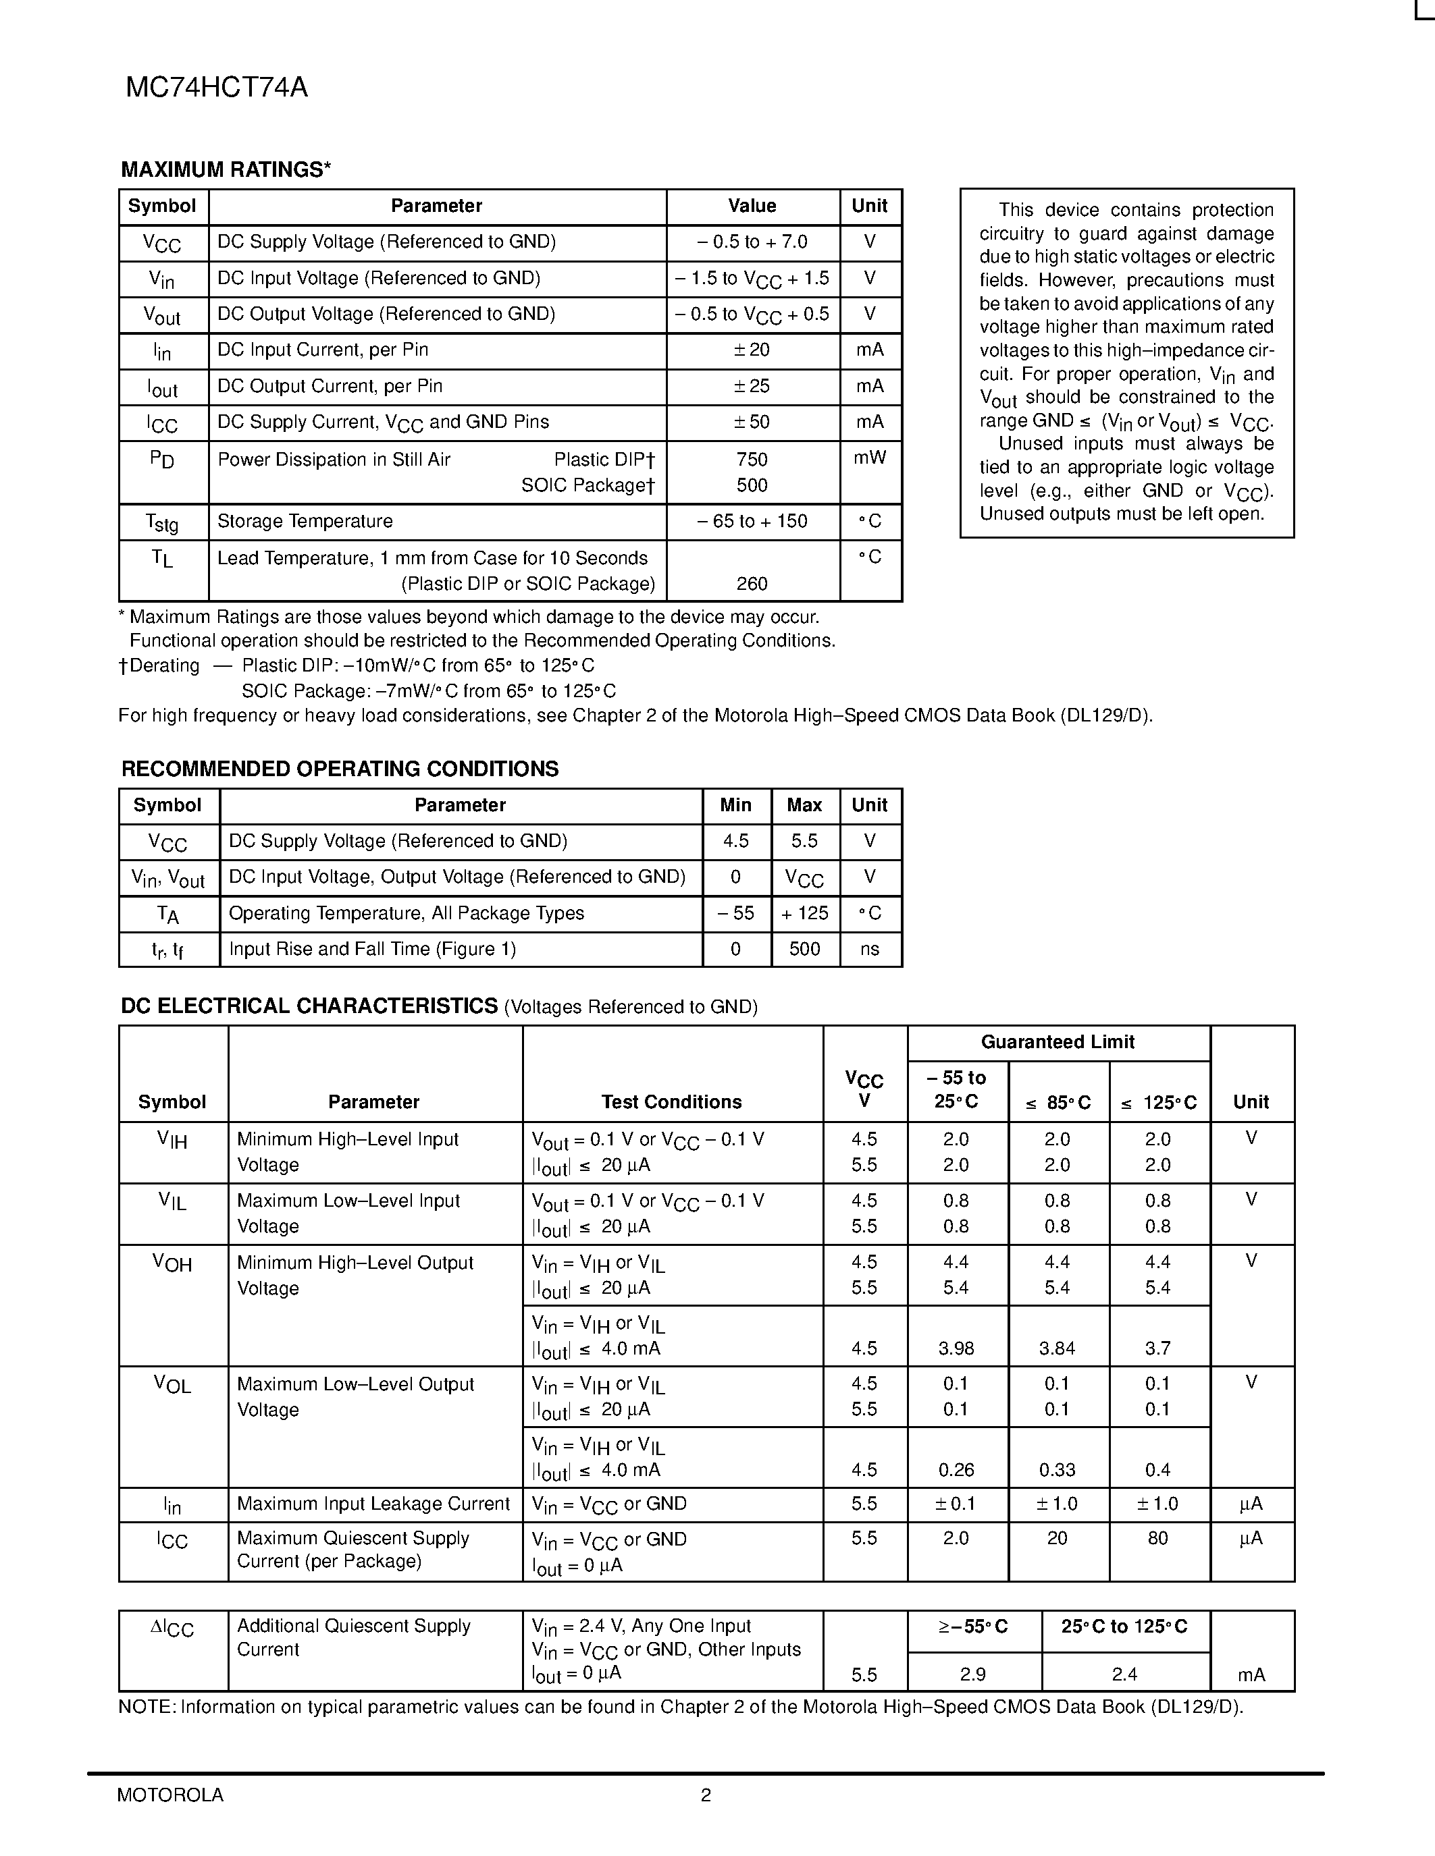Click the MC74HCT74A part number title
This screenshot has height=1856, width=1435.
pos(217,88)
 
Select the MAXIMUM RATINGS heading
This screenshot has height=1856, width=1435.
pos(226,170)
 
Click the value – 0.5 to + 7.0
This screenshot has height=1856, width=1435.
pos(752,242)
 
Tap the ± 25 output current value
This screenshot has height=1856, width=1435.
pos(752,387)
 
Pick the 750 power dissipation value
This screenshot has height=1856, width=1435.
pos(752,460)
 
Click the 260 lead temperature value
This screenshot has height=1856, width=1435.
pos(752,584)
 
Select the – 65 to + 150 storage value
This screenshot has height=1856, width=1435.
pos(752,522)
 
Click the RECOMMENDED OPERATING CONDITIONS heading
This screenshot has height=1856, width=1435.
pos(340,769)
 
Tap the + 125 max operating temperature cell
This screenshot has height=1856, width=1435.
pos(804,914)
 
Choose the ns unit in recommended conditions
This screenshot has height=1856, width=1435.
pos(869,949)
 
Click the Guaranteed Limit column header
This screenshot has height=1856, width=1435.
pos(1058,1042)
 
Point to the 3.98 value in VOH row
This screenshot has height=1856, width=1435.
pos(956,1348)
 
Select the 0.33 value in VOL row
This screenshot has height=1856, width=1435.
pos(1057,1470)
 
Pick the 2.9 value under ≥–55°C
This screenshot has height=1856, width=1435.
pos(972,1674)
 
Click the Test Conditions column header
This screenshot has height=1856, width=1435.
pos(672,1102)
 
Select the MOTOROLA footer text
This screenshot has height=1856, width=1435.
pos(170,1795)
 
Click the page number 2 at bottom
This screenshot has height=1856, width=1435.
pos(706,1795)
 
